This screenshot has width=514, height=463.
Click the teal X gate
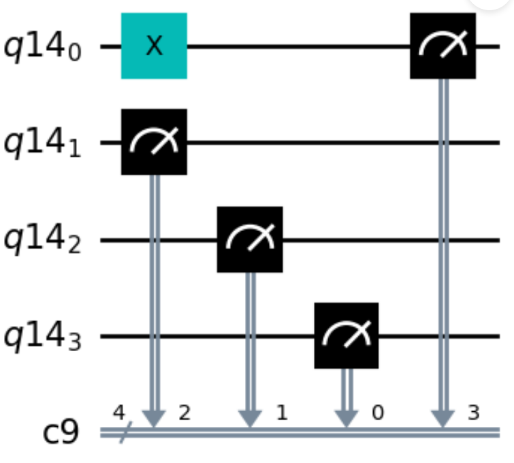coord(154,46)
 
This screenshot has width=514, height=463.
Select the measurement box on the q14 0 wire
coord(443,46)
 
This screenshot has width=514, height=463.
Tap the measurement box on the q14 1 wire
coord(154,142)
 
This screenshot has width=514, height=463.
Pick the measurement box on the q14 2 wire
coord(250,239)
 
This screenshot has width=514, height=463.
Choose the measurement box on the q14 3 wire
coord(346,335)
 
